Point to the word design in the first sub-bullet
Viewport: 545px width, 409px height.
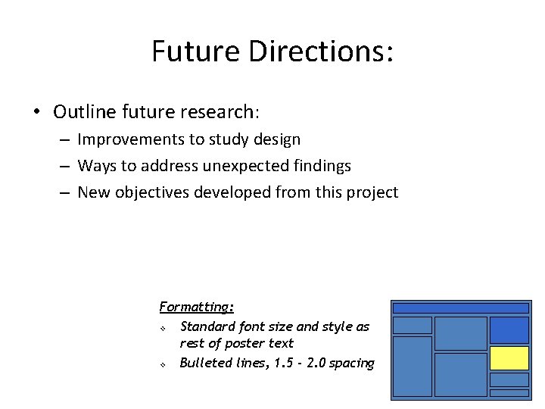pos(276,139)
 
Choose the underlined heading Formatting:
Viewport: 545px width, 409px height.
pos(197,307)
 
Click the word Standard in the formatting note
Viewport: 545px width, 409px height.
pos(207,326)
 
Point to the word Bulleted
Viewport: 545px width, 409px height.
pos(205,363)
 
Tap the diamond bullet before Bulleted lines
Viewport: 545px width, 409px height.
pos(163,364)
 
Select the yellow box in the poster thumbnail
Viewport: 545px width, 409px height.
pos(509,357)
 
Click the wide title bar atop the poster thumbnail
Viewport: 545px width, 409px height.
pos(460,308)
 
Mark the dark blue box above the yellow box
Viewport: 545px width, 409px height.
pos(509,329)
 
